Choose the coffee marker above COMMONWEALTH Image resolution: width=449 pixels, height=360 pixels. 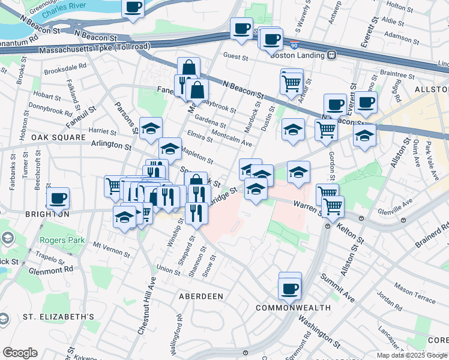click(x=289, y=288)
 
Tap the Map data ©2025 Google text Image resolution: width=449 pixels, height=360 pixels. click(x=412, y=355)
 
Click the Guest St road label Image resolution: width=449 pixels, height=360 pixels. click(x=236, y=58)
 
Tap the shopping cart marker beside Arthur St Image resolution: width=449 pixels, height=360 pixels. click(x=291, y=82)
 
